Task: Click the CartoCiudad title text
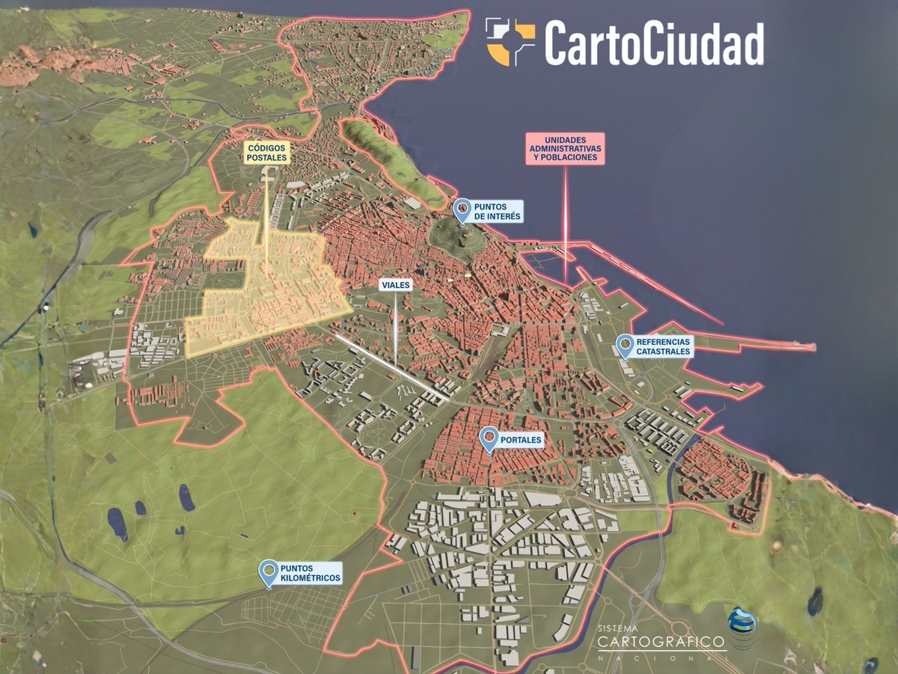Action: (653, 43)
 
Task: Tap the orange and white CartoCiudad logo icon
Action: (510, 42)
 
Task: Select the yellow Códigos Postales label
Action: (267, 153)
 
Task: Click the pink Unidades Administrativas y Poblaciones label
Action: (565, 149)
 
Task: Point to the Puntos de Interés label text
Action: (497, 212)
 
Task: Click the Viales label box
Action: (396, 285)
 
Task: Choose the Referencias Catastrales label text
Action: (663, 346)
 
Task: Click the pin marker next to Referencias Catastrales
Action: (624, 346)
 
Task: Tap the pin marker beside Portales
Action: (489, 438)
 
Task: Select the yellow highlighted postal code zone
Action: (262, 292)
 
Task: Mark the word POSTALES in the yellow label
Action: (267, 159)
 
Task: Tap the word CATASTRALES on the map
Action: (663, 351)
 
